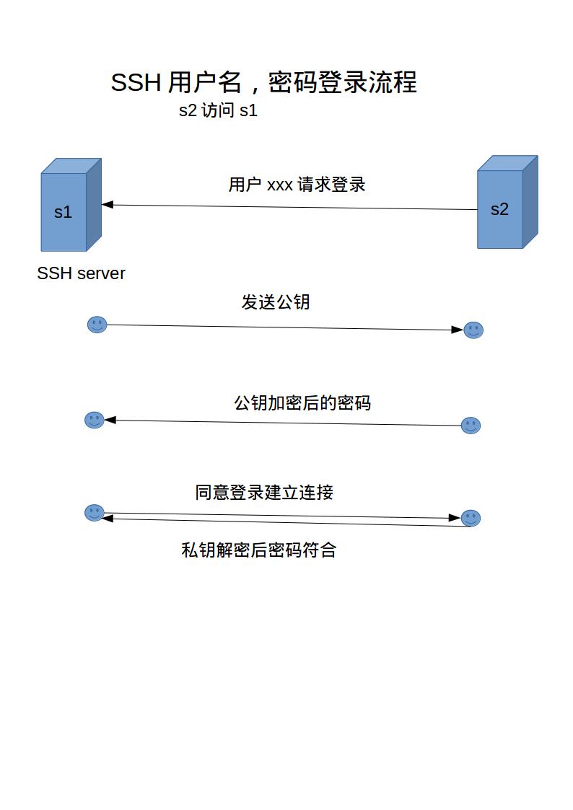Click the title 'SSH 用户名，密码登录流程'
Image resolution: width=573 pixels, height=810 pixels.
tap(263, 83)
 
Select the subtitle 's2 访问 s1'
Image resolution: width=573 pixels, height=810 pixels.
tap(218, 111)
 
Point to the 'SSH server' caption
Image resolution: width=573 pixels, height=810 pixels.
tap(81, 273)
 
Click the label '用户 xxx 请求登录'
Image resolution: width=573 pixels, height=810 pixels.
tap(297, 185)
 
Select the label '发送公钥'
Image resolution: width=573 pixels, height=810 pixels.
tap(276, 301)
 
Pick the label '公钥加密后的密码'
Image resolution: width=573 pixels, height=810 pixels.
tap(302, 402)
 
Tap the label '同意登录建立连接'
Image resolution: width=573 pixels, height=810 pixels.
tap(264, 493)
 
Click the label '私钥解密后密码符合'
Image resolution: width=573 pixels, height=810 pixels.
tap(258, 550)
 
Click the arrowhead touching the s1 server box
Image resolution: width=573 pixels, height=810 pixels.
tap(108, 205)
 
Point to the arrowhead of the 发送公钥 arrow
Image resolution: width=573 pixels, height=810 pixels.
tap(457, 330)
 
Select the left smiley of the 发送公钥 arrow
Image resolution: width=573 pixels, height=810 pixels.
tap(97, 325)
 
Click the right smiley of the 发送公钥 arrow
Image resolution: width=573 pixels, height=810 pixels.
tap(473, 330)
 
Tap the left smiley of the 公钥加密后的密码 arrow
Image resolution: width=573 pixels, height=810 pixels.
tap(95, 420)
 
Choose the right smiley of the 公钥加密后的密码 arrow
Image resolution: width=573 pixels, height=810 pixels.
tap(471, 426)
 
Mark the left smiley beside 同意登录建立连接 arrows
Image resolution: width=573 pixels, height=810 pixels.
tap(95, 513)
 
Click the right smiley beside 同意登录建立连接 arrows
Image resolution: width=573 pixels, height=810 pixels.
tap(471, 518)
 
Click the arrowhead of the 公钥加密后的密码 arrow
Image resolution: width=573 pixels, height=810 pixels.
tap(110, 420)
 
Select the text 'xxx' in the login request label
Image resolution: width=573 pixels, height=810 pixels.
tap(280, 185)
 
